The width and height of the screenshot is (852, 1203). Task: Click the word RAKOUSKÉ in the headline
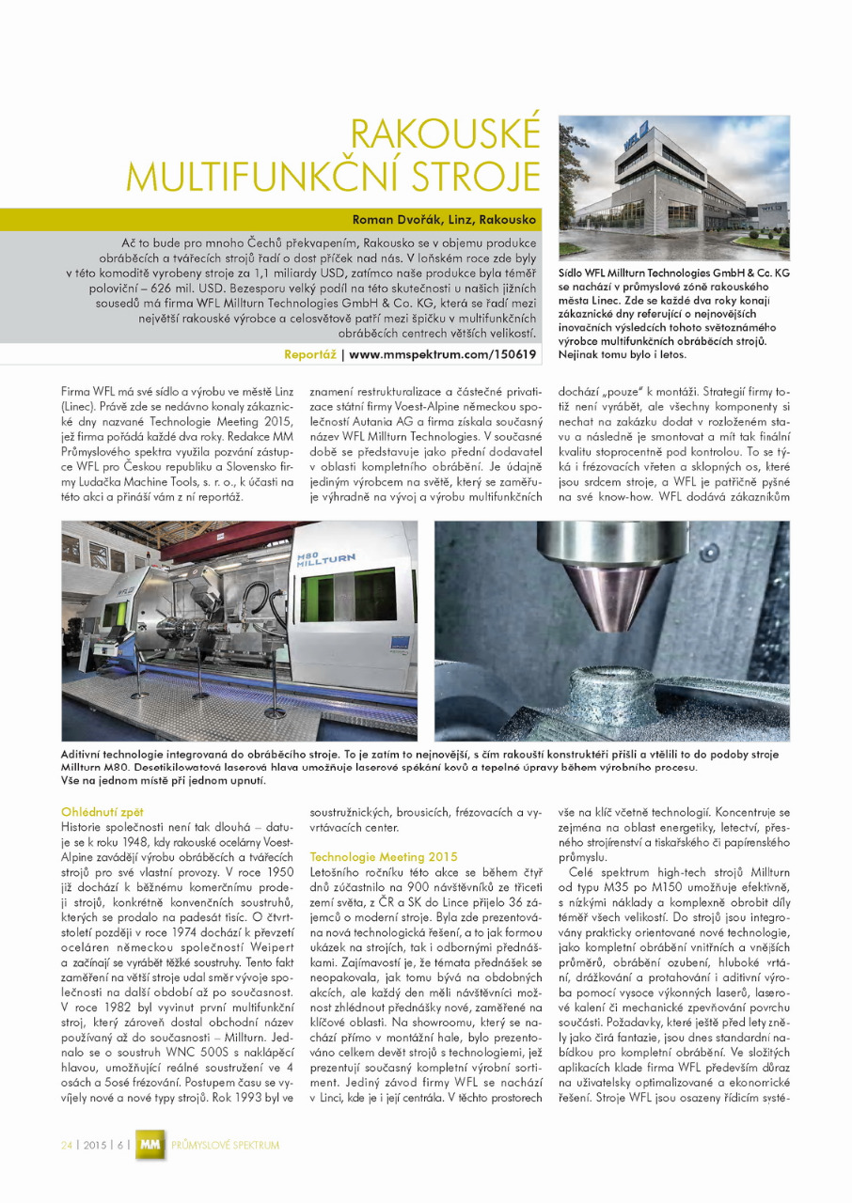[x=448, y=133]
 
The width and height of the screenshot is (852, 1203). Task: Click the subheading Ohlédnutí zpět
[x=103, y=810]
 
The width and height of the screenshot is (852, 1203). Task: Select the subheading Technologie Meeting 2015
[x=371, y=856]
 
